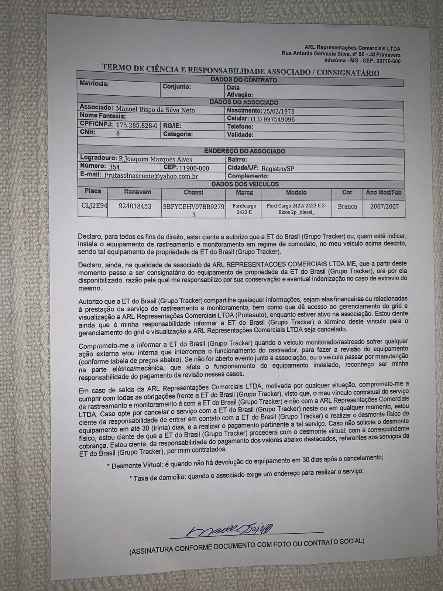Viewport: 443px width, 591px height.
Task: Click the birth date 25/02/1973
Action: (278, 111)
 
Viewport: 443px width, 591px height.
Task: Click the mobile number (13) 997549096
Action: (272, 119)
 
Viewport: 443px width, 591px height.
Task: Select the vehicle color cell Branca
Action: (347, 206)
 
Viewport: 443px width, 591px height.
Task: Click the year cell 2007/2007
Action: (384, 206)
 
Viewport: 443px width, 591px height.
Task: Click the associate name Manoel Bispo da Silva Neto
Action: (155, 110)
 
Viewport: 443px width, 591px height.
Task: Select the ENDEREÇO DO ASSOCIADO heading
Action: (244, 151)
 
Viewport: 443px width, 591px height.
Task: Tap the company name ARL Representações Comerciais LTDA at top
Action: (352, 48)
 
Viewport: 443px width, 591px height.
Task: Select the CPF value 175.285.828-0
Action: (137, 126)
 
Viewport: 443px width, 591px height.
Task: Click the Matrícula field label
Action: (94, 83)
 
